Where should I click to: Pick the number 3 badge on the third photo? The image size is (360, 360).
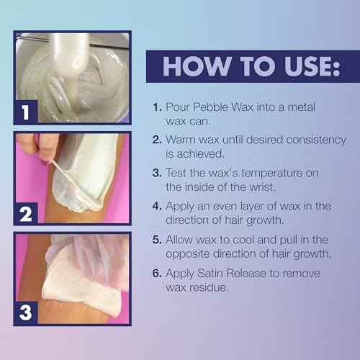27,312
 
